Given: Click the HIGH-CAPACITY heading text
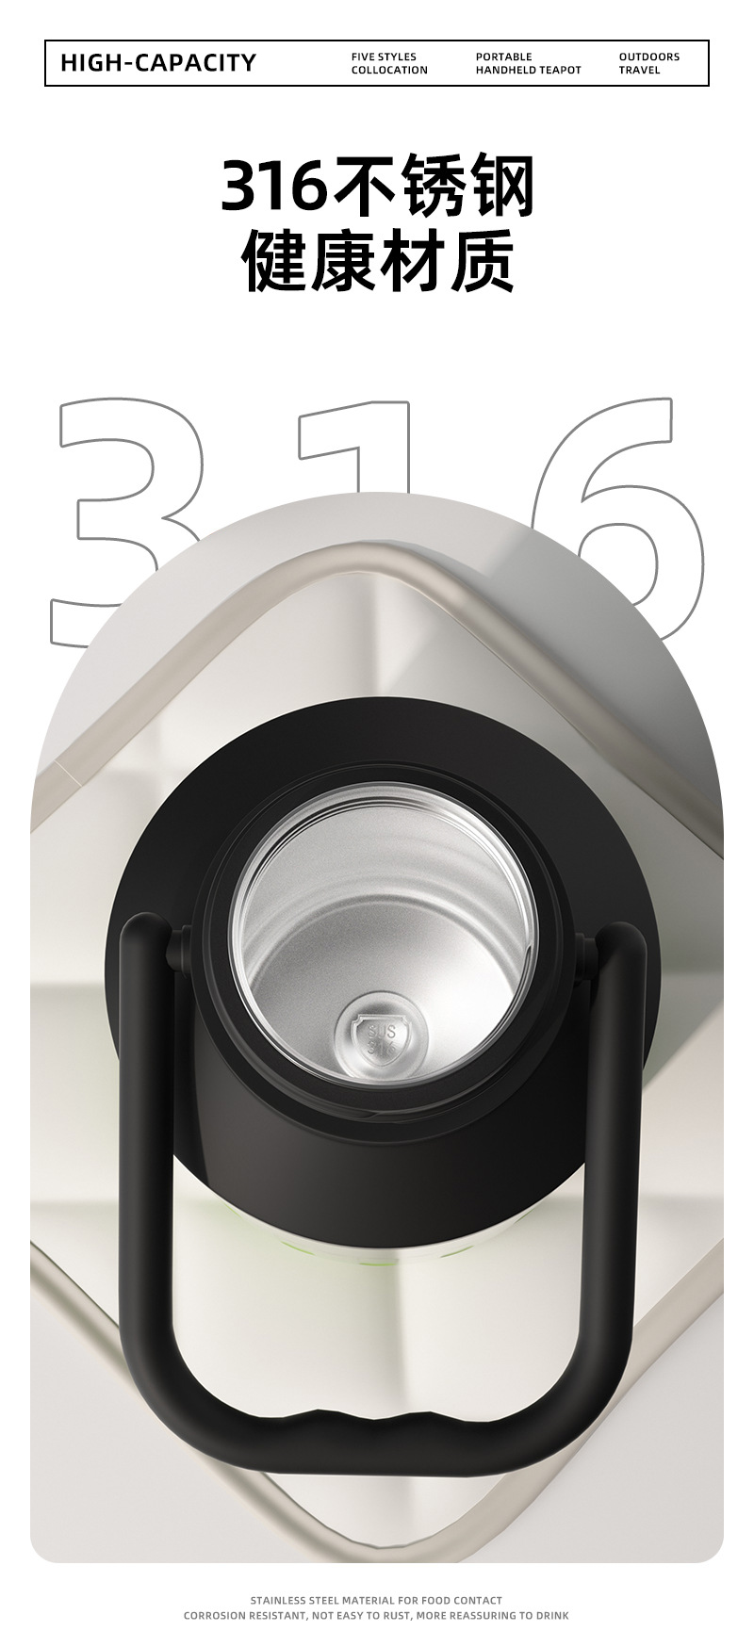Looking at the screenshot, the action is coord(158,63).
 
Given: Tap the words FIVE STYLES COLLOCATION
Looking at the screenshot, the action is coord(389,63).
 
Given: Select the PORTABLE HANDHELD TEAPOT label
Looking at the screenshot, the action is coord(528,63).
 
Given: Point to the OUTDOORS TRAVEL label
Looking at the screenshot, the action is coord(648,63).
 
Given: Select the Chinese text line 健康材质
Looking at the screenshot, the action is coord(378,261).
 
